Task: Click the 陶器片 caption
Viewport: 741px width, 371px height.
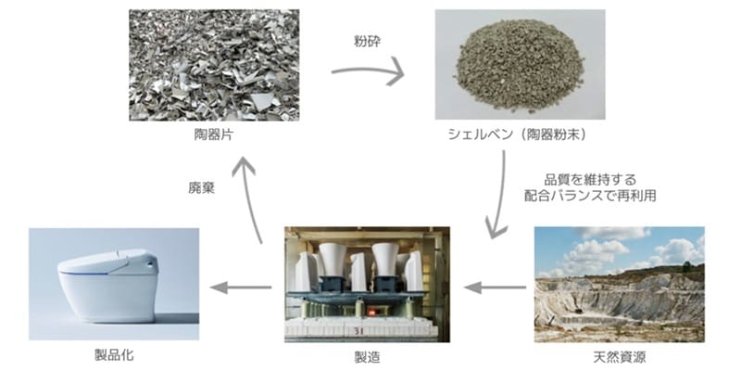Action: click(x=214, y=134)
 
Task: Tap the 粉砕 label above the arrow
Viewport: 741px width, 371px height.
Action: click(x=367, y=42)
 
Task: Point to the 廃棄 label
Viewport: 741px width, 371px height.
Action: click(x=201, y=188)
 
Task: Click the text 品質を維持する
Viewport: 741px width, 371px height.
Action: click(x=590, y=180)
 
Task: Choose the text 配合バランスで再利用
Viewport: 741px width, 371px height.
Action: click(x=590, y=196)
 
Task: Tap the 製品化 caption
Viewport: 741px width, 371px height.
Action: click(x=114, y=355)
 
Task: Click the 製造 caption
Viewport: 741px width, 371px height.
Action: click(x=367, y=356)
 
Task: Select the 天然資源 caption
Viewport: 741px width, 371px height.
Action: click(x=620, y=356)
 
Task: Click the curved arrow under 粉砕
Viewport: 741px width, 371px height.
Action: click(x=369, y=70)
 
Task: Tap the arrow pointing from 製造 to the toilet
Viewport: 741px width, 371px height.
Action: click(x=241, y=288)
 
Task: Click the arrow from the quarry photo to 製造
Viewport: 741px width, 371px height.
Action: click(x=496, y=288)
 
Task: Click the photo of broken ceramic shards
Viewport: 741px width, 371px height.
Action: click(x=214, y=65)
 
